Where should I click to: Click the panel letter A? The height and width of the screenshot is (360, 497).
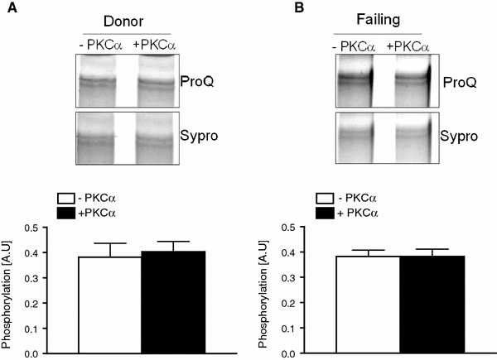coord(7,8)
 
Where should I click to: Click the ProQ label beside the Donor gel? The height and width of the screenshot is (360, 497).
coord(195,80)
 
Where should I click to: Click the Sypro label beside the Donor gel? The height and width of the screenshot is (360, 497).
coord(197,132)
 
